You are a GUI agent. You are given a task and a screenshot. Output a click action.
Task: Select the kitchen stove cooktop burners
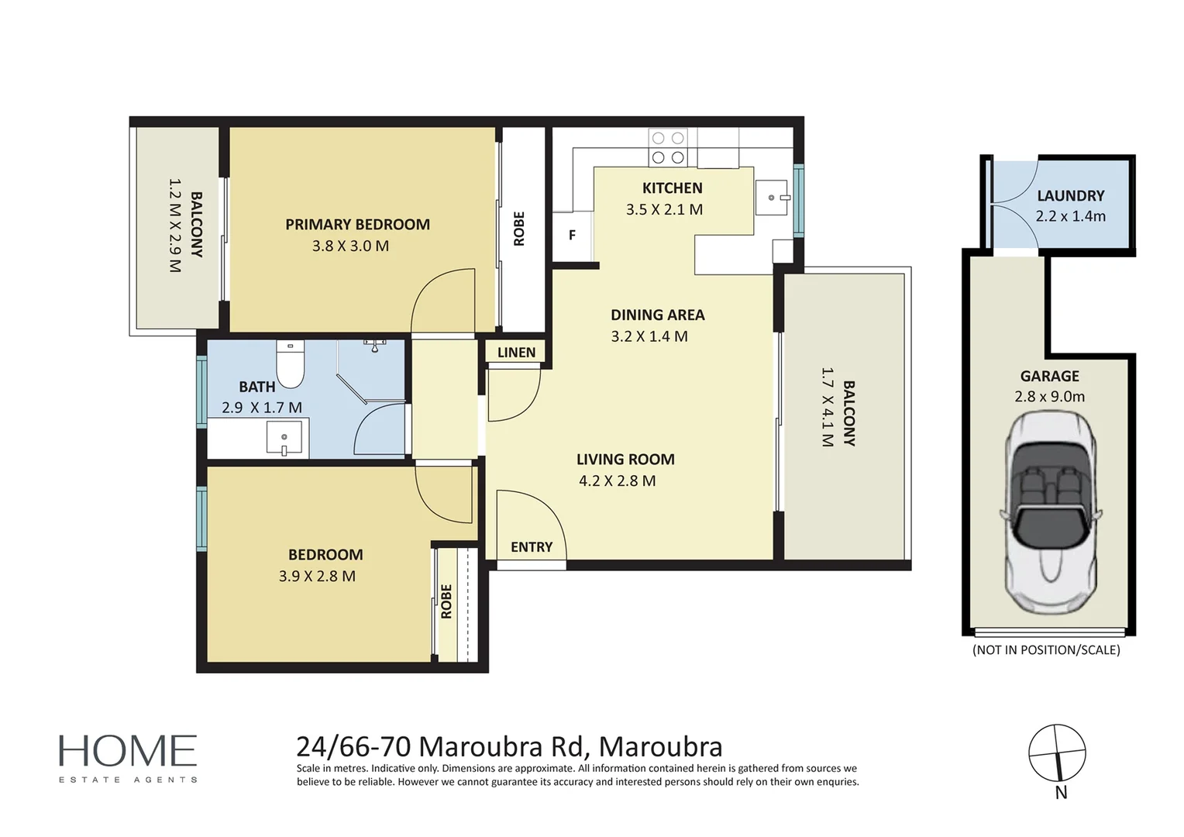(668, 147)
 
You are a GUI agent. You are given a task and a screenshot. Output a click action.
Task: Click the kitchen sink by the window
(773, 198)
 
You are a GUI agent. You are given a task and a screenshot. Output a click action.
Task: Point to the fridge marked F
(573, 236)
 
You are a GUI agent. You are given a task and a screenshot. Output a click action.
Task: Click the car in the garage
(1050, 511)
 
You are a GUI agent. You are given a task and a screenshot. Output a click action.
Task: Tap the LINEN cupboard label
(516, 353)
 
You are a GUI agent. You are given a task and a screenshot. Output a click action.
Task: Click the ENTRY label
(532, 546)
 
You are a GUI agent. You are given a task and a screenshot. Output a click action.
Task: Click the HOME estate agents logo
(128, 758)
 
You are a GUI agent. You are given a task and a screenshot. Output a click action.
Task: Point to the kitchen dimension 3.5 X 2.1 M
(664, 210)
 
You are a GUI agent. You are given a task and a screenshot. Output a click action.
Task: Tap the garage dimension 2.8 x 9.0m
(1050, 397)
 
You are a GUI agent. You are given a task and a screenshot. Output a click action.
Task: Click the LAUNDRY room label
(1071, 196)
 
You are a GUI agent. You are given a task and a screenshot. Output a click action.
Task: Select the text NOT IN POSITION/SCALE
(1047, 649)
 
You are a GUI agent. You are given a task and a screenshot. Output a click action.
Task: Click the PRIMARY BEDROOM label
(358, 225)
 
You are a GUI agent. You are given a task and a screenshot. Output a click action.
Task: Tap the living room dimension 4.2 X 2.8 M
(618, 481)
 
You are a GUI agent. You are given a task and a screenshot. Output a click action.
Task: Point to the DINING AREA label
(658, 315)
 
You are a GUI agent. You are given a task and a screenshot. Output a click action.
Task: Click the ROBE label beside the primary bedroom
(519, 229)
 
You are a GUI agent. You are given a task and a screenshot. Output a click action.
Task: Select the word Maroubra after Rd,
(661, 747)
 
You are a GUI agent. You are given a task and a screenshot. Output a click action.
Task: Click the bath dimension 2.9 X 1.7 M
(262, 408)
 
